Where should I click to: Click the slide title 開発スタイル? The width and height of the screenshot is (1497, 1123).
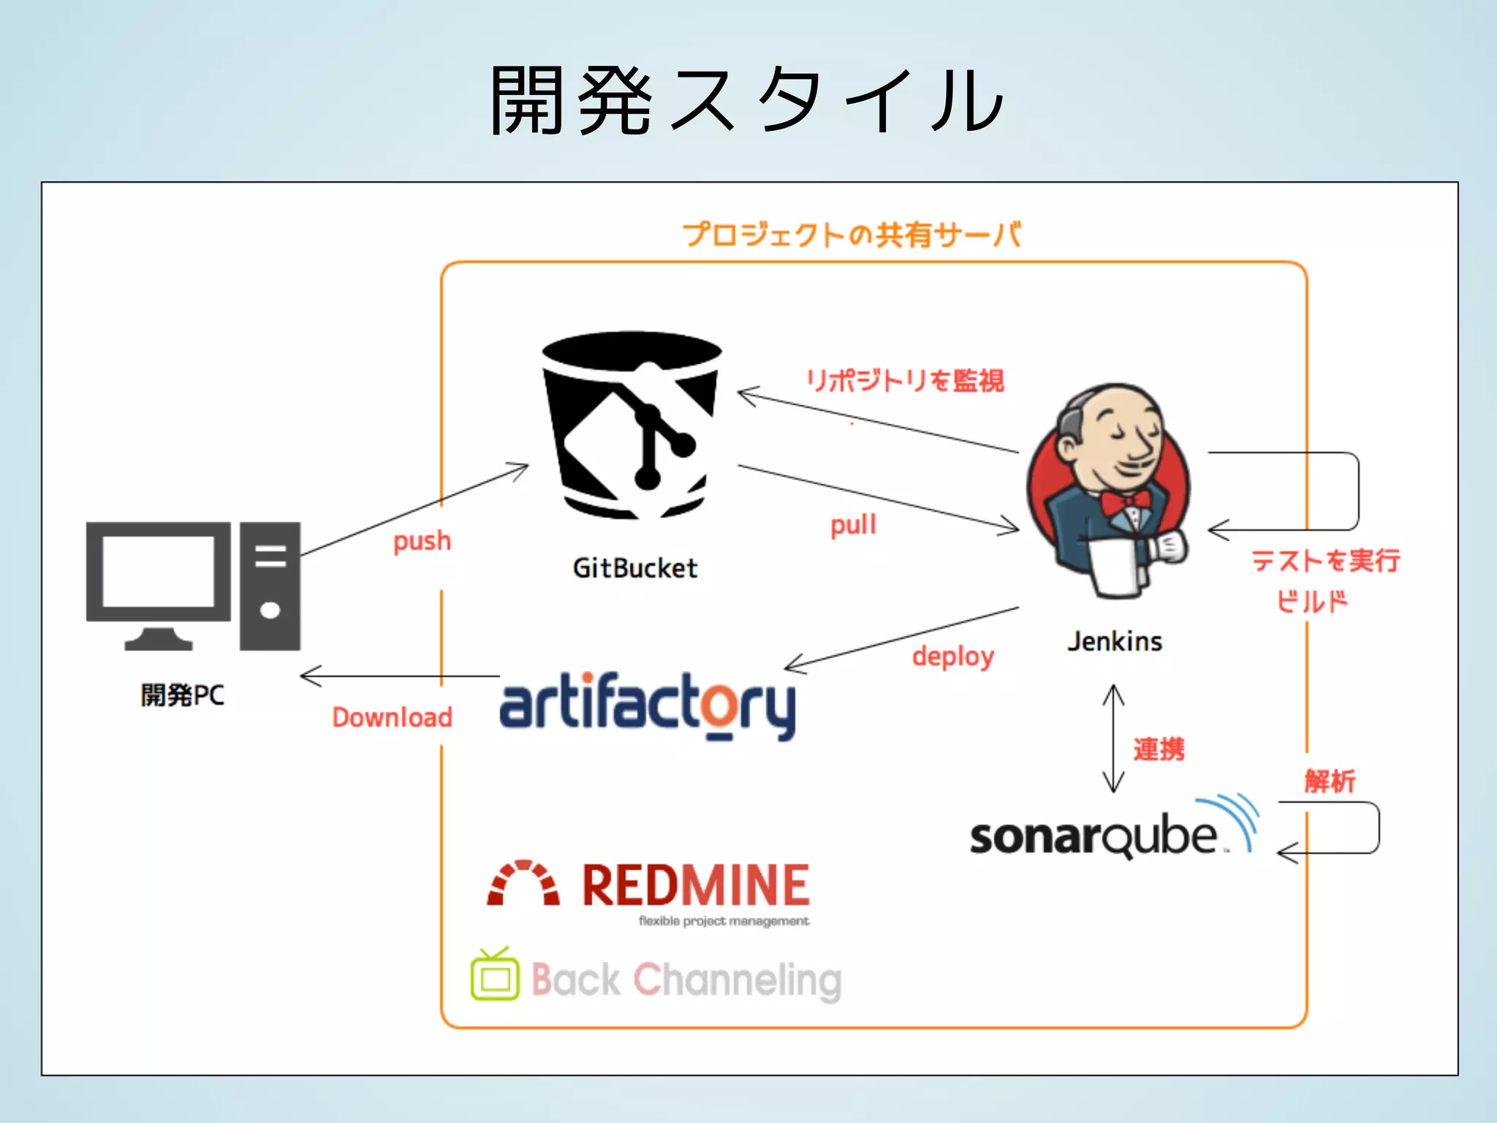pos(747,100)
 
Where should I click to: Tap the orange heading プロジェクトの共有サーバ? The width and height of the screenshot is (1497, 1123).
pos(852,235)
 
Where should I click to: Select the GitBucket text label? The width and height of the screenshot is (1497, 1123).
pos(634,568)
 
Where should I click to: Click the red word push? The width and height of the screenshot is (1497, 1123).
pos(422,542)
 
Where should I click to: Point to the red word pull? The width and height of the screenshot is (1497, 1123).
pos(852,525)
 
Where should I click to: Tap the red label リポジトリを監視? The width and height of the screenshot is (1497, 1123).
pos(905,381)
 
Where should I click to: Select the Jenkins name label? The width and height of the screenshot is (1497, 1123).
pos(1114,641)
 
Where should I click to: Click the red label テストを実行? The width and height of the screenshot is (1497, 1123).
pos(1325,561)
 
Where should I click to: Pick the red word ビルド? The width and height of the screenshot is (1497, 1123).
pos(1311,602)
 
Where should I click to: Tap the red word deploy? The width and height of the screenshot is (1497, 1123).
pos(952,657)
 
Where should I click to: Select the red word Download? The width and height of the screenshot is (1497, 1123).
pos(393,717)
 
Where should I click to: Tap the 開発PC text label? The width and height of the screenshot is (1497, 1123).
pos(183,695)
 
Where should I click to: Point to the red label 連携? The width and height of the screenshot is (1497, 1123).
pos(1159,749)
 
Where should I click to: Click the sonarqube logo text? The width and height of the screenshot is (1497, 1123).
pos(1093,836)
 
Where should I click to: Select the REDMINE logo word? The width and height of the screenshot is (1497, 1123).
pos(695,885)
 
